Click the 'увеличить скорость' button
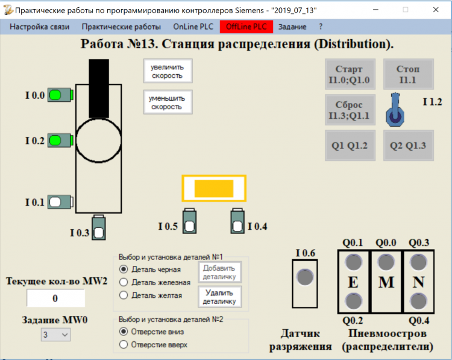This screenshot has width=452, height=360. point(168,71)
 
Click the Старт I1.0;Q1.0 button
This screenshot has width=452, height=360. point(350,74)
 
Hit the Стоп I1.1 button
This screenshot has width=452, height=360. point(408,74)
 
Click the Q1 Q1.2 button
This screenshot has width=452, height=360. point(350,145)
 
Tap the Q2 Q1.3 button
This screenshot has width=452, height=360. point(408,145)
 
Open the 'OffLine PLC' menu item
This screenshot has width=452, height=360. point(246,27)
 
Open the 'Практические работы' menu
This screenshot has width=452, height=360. point(121,27)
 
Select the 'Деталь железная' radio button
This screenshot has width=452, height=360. point(124,282)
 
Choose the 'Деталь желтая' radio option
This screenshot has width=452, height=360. point(124,295)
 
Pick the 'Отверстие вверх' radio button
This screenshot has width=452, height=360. point(124,345)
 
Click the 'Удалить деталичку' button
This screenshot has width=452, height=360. point(219,297)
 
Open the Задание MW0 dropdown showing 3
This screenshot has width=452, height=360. point(55,335)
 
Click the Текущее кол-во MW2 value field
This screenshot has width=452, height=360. point(55,298)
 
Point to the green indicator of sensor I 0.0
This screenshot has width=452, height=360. point(56,95)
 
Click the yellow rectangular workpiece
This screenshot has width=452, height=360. point(214,189)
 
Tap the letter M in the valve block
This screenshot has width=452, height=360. point(386,282)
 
